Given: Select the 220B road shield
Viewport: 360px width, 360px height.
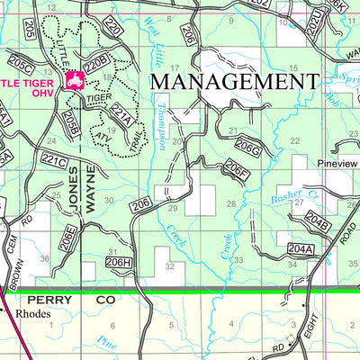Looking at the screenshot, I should pos(96,60).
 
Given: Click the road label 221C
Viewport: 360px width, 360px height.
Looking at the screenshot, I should pos(54,161).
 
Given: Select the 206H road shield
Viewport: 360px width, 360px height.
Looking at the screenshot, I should pos(119,262).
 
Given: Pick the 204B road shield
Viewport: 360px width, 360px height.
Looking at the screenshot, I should pos(317,218).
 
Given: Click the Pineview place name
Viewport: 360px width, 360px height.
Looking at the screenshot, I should pos(338,165).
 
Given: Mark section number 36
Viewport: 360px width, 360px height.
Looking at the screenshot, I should pos(44,259).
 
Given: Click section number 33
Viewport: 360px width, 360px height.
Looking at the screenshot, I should pos(238,260).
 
